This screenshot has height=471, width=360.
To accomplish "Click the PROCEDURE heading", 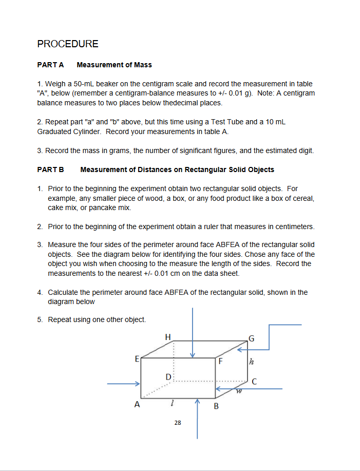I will click(68, 44).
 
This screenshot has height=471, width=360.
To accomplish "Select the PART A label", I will click(50, 65).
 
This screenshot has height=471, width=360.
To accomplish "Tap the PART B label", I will click(50, 169).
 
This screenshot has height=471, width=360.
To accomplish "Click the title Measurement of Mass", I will click(114, 65).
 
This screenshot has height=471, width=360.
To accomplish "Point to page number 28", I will click(177, 423).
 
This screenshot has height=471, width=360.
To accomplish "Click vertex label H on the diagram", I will click(167, 337).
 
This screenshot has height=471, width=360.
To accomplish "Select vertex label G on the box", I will click(251, 337).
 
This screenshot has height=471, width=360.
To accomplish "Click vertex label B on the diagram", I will click(216, 407).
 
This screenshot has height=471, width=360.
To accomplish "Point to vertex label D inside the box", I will click(168, 378).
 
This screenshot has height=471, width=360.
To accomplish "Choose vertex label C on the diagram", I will click(254, 381).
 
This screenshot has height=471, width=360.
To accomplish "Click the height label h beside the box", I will click(251, 362).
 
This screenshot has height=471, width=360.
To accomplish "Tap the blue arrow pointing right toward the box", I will click(124, 383).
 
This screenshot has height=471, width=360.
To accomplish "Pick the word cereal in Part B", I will click(301, 198).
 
